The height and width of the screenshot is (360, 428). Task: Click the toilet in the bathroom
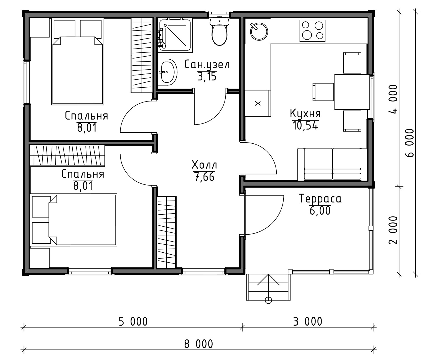point(219,31)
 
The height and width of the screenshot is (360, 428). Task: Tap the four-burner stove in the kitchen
point(312,31)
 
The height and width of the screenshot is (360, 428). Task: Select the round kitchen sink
point(259,31)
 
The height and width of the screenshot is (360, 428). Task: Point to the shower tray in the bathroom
point(175,35)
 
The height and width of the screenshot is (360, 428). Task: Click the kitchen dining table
point(352,92)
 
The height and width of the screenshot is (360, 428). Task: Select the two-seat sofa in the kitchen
point(332,164)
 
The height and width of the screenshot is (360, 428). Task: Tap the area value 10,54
point(305,126)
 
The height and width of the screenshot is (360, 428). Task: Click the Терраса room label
point(320,198)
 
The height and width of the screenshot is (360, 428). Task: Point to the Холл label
point(204,165)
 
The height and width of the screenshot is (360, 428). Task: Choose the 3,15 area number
point(207,77)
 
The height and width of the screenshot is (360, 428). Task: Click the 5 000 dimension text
point(133,322)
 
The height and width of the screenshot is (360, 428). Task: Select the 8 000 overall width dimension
point(198,344)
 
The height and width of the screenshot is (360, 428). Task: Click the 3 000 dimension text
point(308,322)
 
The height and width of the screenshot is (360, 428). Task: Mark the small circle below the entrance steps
point(268,300)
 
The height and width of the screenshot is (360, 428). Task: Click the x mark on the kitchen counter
point(258,103)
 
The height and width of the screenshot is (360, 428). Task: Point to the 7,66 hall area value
point(204,177)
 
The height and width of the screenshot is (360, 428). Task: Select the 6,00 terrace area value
point(320,211)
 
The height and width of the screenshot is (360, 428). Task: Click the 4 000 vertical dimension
point(393,99)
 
